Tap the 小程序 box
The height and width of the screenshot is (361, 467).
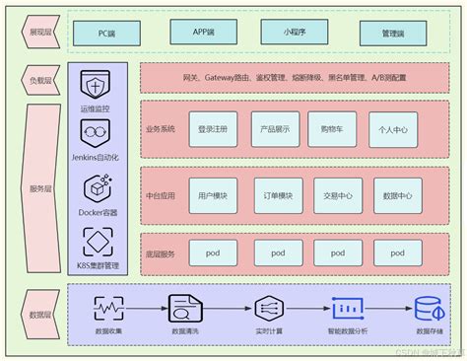click(293, 33)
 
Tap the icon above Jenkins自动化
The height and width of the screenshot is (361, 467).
click(97, 134)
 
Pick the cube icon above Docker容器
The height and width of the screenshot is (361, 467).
click(97, 187)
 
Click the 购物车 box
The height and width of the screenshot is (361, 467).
click(332, 128)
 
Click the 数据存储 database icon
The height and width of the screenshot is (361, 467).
click(429, 307)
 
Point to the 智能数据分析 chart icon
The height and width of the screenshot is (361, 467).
click(347, 308)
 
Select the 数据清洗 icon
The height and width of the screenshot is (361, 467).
click(184, 308)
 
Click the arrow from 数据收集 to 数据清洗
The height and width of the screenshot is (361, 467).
click(144, 308)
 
